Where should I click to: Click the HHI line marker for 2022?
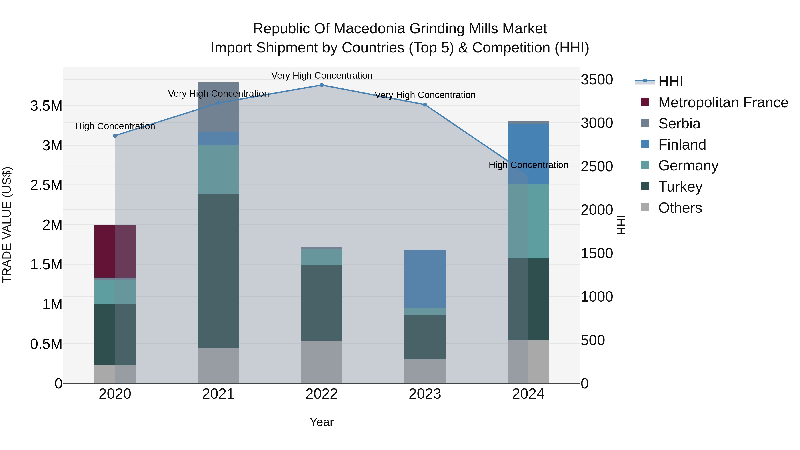pos(321,85)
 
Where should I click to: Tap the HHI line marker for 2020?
pos(115,136)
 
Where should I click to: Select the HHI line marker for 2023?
pos(425,105)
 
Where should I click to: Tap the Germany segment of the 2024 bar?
pos(528,221)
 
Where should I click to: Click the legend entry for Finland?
pos(682,145)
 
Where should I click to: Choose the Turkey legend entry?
pos(680,187)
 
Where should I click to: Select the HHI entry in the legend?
pos(670,81)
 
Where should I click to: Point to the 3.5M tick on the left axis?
pos(46,106)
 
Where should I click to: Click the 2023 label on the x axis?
pos(425,394)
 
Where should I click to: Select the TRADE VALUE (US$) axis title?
pos(7,225)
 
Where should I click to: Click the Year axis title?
pos(321,422)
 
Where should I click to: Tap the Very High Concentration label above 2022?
pos(321,76)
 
